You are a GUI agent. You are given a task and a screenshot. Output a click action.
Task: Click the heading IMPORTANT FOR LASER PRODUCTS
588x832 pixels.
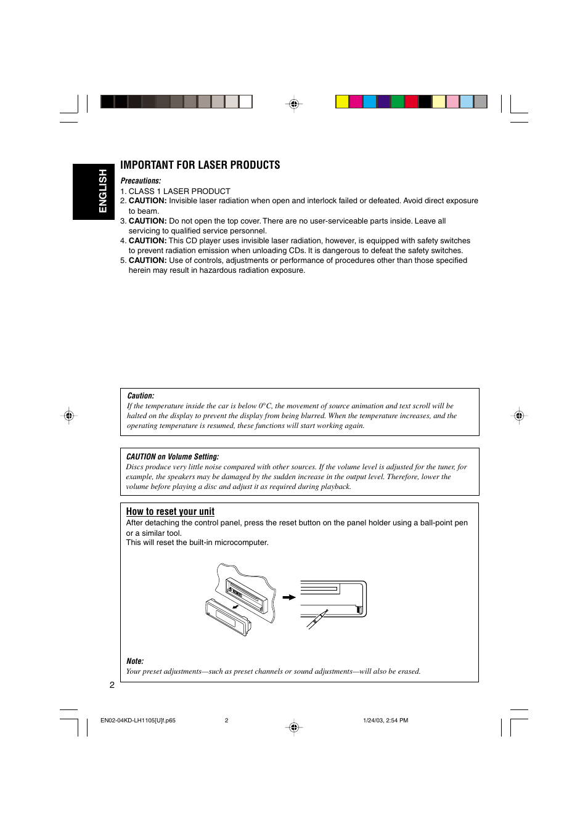click(x=200, y=165)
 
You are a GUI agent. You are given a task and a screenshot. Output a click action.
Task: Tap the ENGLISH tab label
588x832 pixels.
click(x=102, y=191)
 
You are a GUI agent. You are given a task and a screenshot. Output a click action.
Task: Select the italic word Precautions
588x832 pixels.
click(x=141, y=181)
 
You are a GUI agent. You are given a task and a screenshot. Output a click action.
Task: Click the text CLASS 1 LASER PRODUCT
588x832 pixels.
click(x=179, y=192)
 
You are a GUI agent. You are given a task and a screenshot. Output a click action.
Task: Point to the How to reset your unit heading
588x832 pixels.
click(x=170, y=512)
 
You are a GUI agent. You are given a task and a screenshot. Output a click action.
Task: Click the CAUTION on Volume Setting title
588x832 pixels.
click(x=172, y=457)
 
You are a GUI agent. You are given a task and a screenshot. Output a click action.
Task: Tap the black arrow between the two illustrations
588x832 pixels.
click(x=288, y=597)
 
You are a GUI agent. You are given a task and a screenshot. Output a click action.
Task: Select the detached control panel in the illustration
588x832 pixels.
click(x=228, y=616)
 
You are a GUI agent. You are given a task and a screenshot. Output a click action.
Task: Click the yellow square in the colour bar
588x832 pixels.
click(x=342, y=102)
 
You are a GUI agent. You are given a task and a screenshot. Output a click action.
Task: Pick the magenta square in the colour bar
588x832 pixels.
click(x=356, y=102)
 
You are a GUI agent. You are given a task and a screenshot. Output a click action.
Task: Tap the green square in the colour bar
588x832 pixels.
click(x=398, y=102)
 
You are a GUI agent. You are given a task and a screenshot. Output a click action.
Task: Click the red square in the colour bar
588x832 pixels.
click(x=411, y=102)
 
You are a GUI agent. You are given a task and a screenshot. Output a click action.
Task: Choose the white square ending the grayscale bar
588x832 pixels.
click(x=245, y=102)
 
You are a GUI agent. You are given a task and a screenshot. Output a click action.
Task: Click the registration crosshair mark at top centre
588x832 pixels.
click(x=294, y=104)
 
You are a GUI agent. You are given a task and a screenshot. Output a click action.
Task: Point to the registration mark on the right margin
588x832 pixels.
click(x=519, y=416)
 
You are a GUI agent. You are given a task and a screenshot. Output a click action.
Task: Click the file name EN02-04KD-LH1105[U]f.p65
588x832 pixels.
click(x=138, y=721)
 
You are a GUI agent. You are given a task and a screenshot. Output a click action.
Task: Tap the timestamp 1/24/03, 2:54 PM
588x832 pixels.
click(x=385, y=721)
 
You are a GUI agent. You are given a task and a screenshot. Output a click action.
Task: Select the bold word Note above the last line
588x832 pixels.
click(x=134, y=661)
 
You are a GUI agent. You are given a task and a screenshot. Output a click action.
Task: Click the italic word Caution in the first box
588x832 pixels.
click(x=141, y=396)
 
